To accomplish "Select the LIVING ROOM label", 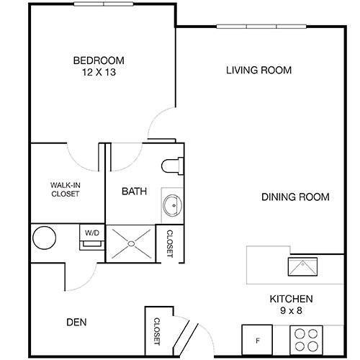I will pos(258,71).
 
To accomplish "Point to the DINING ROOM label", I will pos(295,197).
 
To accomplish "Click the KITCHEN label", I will pos(290,299).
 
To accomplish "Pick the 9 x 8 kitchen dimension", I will pos(290,311).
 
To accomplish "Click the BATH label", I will pos(134,192).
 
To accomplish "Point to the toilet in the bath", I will pos(172,165).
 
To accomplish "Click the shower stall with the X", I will pos(132,243).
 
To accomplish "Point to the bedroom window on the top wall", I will pos(104,4).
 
